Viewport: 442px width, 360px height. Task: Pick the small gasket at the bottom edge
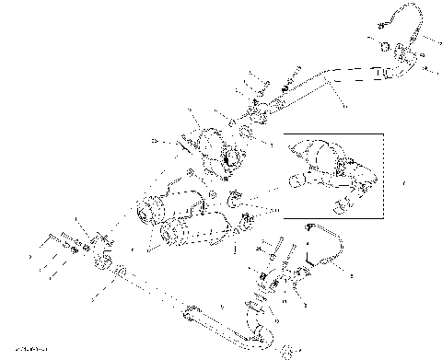coord(286,349)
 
